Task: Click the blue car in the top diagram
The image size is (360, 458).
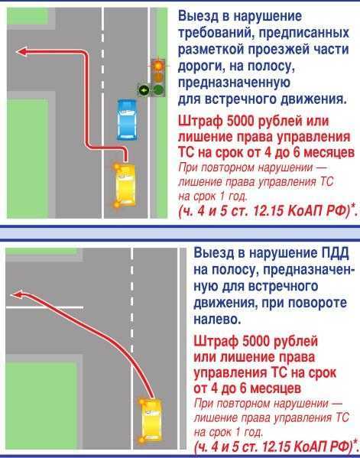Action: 127,120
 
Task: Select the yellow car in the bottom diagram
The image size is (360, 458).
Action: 151,420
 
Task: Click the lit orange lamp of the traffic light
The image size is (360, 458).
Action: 158,66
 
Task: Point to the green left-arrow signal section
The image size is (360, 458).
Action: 143,90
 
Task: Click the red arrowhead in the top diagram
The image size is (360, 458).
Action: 21,52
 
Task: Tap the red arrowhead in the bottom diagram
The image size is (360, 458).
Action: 17,295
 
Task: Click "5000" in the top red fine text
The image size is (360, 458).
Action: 241,122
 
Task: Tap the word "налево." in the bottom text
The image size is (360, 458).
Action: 217,320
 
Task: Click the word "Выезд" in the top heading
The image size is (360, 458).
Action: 198,16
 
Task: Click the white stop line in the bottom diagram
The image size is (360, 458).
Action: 44,307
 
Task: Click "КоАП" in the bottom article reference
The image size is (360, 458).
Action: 314,447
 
